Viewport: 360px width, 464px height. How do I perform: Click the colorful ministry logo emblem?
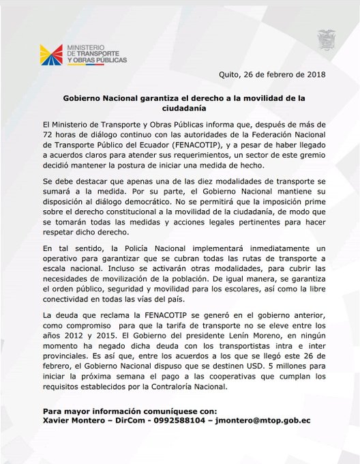coord(51,55)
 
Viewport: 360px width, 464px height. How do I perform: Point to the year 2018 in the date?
coord(314,74)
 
